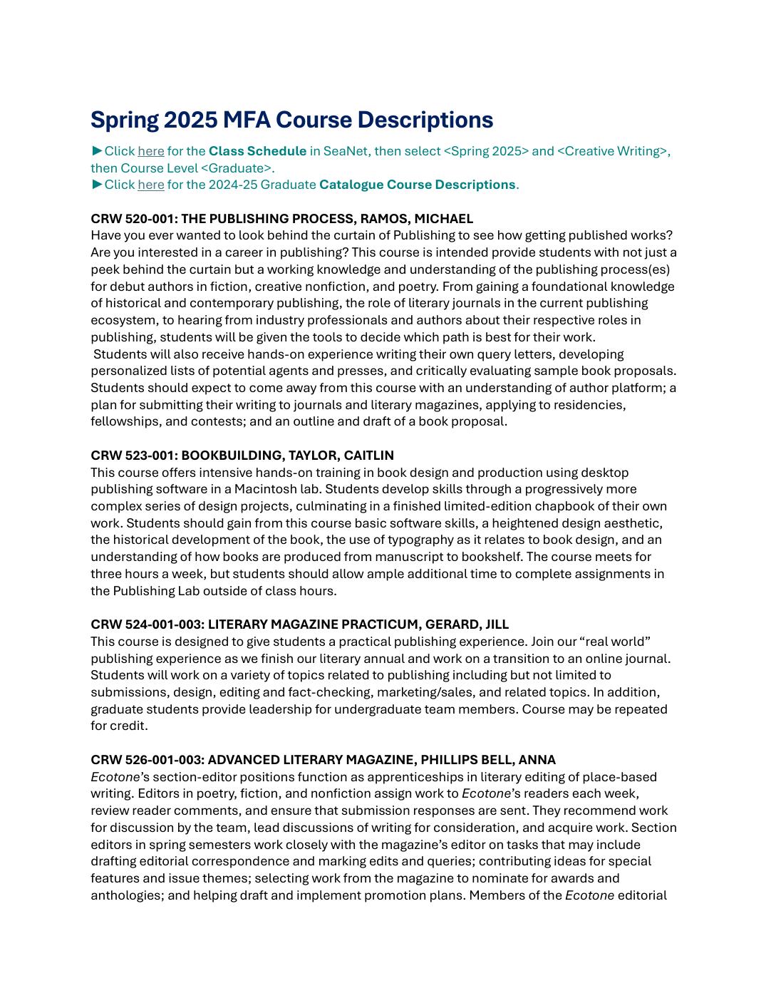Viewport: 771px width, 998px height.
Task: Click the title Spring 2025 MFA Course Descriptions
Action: tap(291, 120)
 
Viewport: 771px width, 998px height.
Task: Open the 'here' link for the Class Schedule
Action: tap(150, 151)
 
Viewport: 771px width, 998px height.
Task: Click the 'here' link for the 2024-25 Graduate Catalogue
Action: tap(150, 185)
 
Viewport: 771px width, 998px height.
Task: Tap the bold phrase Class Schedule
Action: tap(257, 151)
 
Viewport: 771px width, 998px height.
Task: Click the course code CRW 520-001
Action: tap(133, 219)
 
